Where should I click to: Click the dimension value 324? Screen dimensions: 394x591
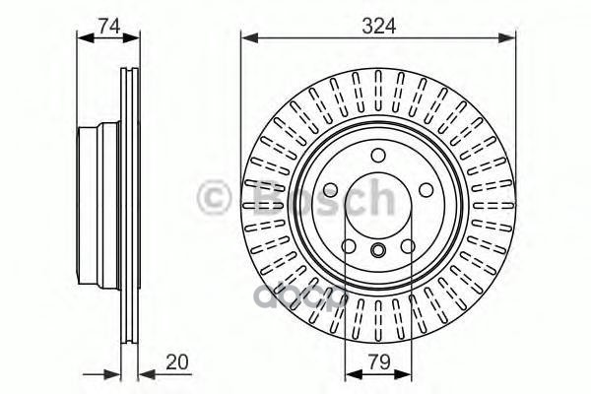point(379,27)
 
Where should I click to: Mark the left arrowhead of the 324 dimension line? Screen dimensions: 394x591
point(247,38)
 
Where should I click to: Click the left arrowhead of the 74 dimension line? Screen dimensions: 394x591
point(82,38)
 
